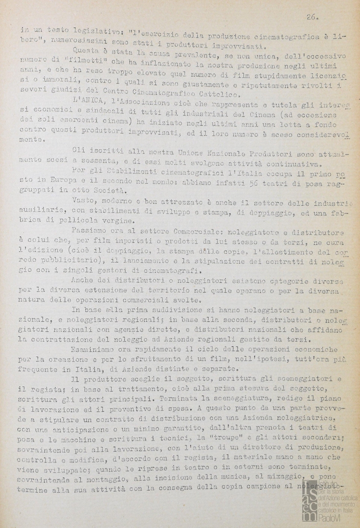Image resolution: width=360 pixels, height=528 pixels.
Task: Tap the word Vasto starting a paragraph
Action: tap(83, 200)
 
